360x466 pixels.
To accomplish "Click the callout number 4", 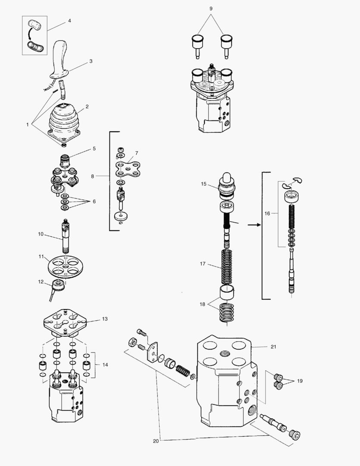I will (x=69, y=21).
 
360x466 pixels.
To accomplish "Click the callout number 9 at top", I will (x=211, y=9).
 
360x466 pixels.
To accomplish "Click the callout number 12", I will (x=41, y=282).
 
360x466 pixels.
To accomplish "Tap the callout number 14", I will (x=105, y=365).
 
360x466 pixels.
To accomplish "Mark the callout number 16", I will (x=267, y=213).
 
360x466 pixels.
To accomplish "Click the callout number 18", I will (x=202, y=304).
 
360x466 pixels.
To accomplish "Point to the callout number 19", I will (x=300, y=381).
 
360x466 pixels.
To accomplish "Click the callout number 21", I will (x=272, y=346).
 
